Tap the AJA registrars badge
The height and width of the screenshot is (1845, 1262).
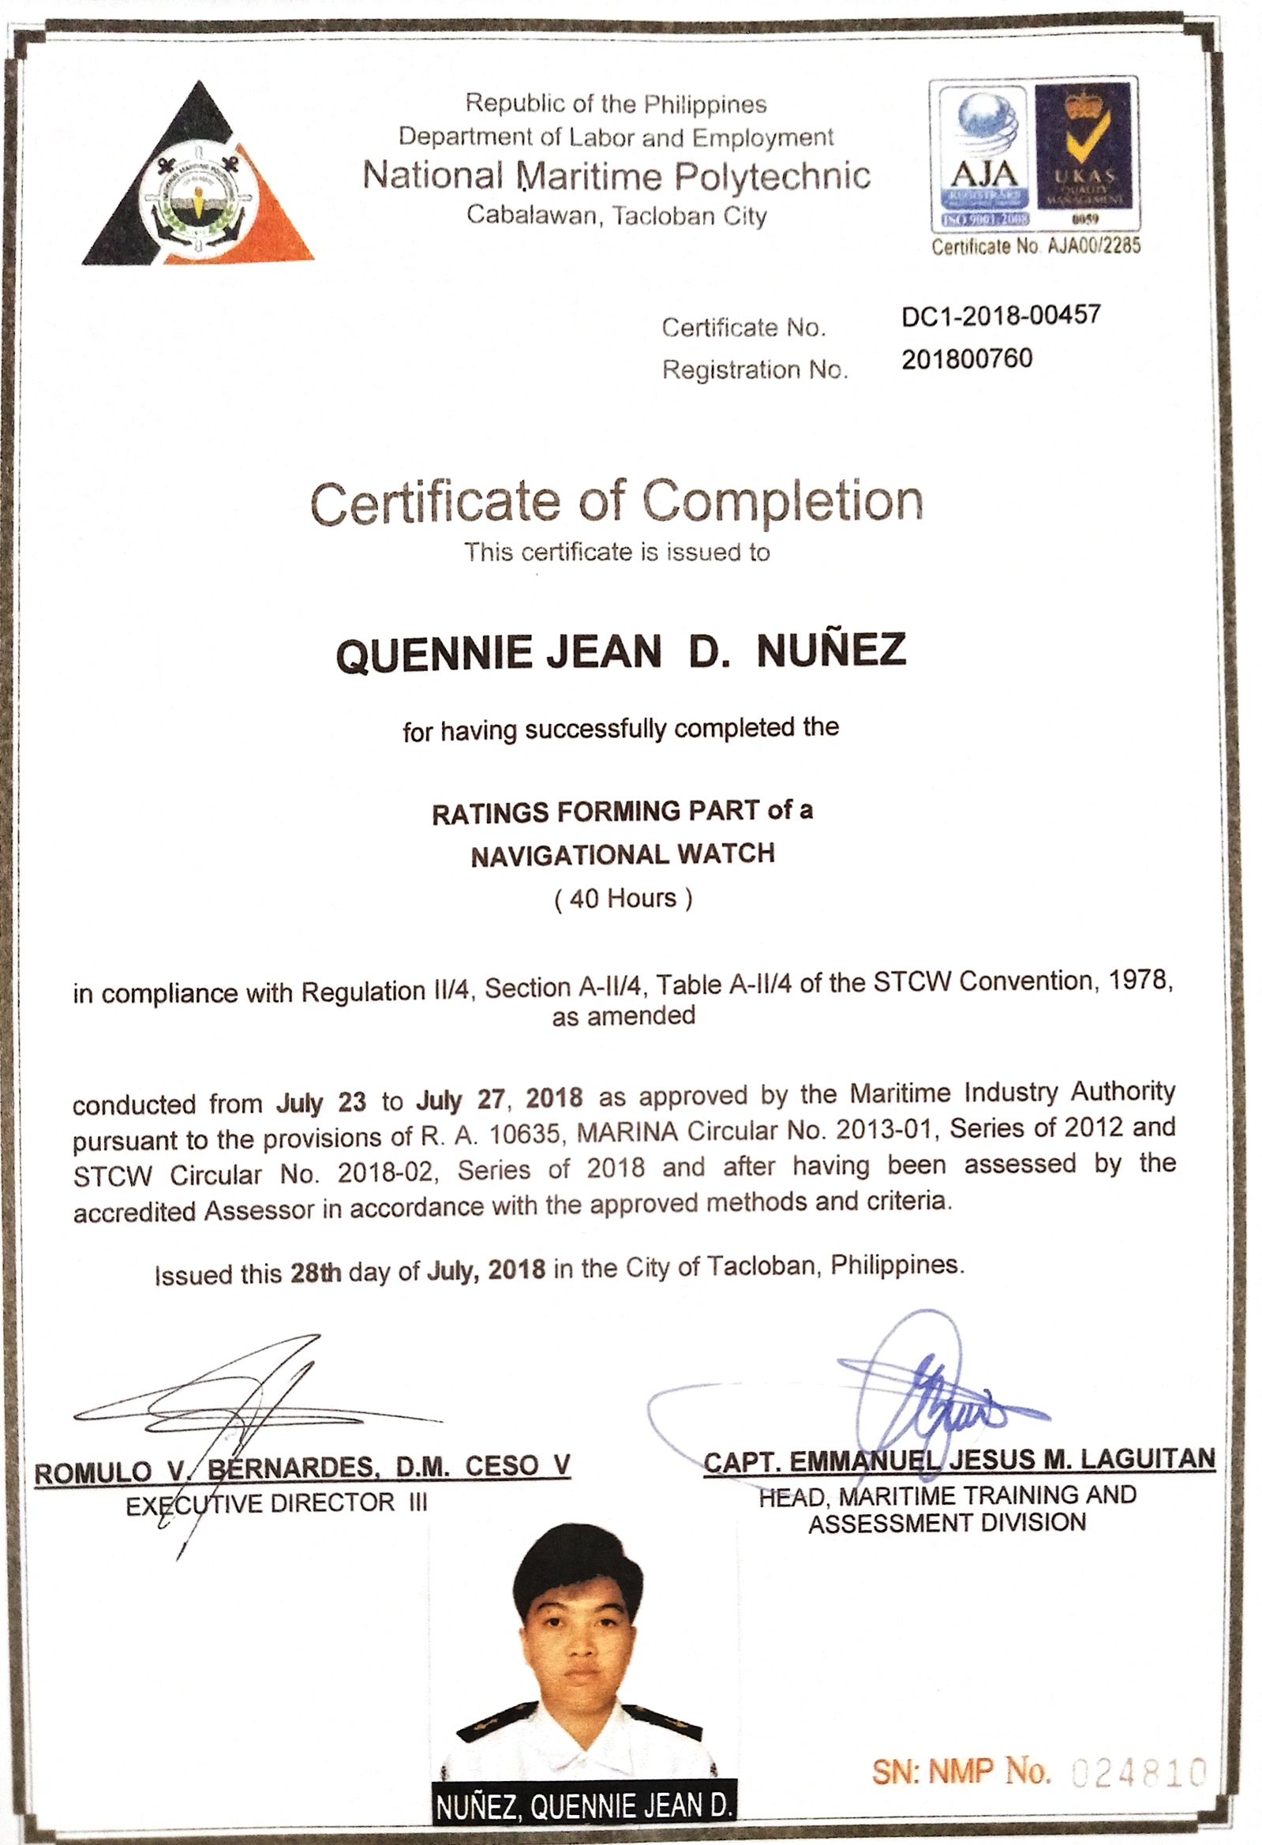click(983, 156)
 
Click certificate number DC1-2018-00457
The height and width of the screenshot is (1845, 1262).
click(1001, 316)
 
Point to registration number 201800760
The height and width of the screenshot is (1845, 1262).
click(967, 359)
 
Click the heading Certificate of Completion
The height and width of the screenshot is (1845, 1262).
click(616, 502)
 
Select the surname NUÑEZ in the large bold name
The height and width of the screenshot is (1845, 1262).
click(831, 651)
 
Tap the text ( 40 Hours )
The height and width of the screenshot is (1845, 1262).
click(623, 898)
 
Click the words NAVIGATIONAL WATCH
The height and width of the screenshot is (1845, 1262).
click(623, 855)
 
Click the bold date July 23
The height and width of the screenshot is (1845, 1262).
click(320, 1103)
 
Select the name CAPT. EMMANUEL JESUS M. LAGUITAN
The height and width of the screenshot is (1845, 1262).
click(959, 1459)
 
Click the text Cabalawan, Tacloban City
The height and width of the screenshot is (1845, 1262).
click(616, 216)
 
